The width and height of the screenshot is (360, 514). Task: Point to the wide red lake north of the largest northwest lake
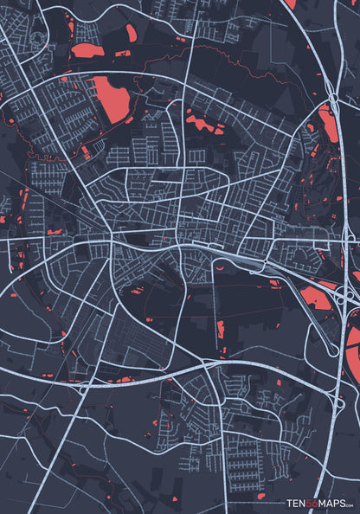(x=87, y=51)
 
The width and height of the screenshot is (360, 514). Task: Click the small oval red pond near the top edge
(x=131, y=33)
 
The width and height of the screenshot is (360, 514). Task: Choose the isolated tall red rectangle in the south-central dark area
(x=221, y=330)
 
